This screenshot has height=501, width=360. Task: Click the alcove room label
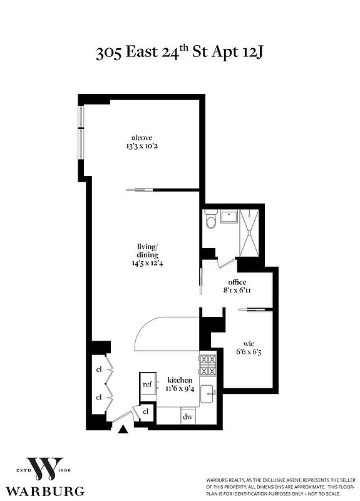tap(141, 138)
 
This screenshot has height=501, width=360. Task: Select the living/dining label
tap(147, 250)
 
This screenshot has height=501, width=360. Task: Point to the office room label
tap(237, 282)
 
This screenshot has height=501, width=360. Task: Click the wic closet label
tap(248, 343)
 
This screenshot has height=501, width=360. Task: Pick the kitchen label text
tap(179, 380)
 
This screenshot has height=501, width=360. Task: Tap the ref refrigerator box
tap(148, 385)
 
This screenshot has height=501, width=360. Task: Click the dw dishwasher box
tap(187, 416)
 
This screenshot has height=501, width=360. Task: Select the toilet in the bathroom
tap(211, 219)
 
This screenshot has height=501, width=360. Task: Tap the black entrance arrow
tap(123, 430)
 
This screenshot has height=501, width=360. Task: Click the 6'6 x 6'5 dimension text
tap(248, 353)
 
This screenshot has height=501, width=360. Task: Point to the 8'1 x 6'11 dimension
tap(237, 291)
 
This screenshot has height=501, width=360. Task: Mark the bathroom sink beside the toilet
tap(228, 217)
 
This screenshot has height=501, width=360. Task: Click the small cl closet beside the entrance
tap(146, 411)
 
